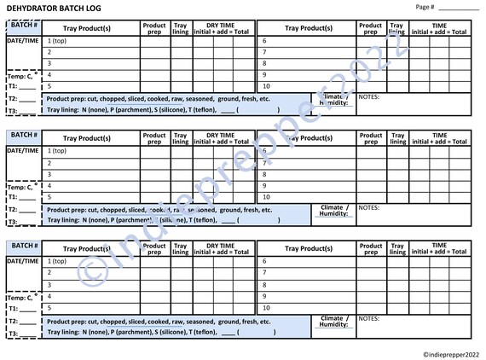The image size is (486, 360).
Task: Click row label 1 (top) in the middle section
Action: [x=57, y=151]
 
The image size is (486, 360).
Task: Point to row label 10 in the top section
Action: [x=266, y=86]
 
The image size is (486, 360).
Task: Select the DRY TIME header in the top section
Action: [x=221, y=24]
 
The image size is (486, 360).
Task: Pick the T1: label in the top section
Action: [x=12, y=87]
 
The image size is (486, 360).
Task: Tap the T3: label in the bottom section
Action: [x=12, y=334]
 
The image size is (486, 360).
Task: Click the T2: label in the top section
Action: [x=12, y=99]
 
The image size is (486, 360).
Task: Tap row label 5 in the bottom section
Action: [x=49, y=309]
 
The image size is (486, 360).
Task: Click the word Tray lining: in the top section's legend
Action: [x=65, y=110]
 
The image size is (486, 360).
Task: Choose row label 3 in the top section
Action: [x=49, y=63]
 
